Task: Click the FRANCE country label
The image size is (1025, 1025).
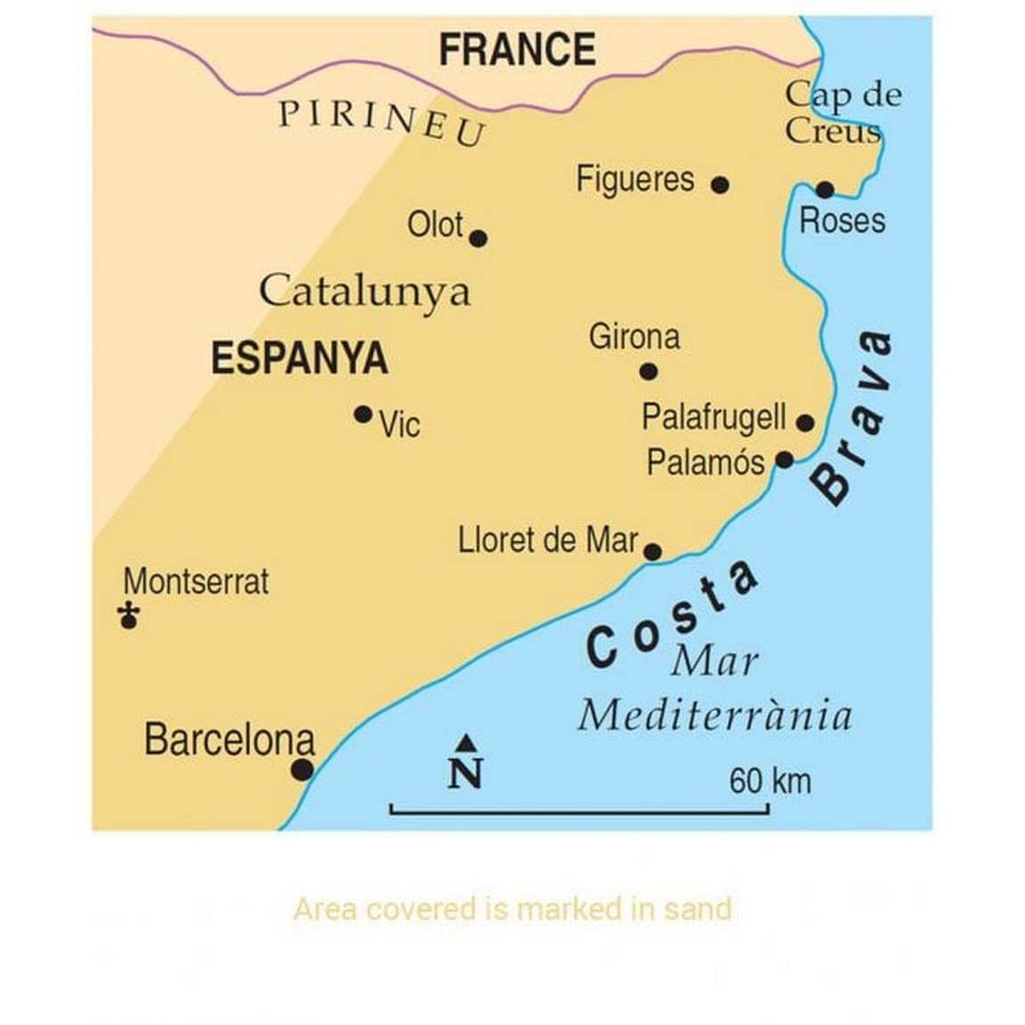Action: pos(517,50)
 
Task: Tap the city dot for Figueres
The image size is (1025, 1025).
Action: pos(720,184)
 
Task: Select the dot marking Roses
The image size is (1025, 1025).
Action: pos(824,189)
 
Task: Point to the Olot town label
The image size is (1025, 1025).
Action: pos(435,225)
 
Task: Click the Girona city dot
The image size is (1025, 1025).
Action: pos(649,372)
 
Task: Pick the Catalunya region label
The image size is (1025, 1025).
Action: pos(365,291)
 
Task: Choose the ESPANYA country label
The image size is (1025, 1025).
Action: pos(299,358)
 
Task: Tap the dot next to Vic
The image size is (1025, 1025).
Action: pos(363,414)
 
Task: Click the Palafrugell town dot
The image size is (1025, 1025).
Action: pos(805,422)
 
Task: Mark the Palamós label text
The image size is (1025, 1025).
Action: pos(705,463)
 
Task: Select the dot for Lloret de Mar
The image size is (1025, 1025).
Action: pos(652,552)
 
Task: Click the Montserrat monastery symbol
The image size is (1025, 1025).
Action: pos(129,615)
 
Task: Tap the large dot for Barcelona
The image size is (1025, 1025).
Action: pos(303,769)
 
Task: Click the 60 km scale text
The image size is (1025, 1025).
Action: pos(770,781)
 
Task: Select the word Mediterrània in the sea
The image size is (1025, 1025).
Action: pos(715,716)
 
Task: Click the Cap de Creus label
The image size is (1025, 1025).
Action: pos(841,112)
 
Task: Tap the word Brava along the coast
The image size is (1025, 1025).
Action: pos(852,417)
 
